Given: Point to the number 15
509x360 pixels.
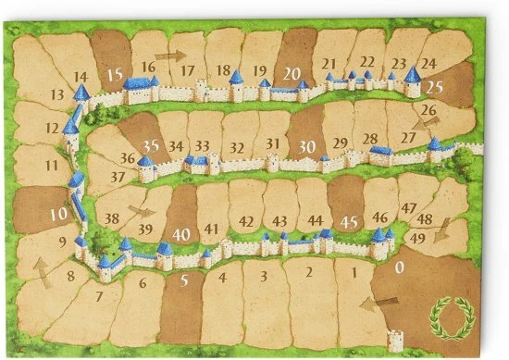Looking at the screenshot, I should pyautogui.click(x=115, y=74).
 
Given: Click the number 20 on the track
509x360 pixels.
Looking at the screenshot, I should pyautogui.click(x=291, y=72).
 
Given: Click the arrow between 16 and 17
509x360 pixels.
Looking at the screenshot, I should pyautogui.click(x=169, y=56).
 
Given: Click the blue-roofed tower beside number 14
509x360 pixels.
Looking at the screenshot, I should pyautogui.click(x=82, y=93).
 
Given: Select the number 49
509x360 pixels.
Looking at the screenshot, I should pyautogui.click(x=416, y=239).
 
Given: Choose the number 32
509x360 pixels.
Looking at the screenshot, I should pyautogui.click(x=238, y=147).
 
